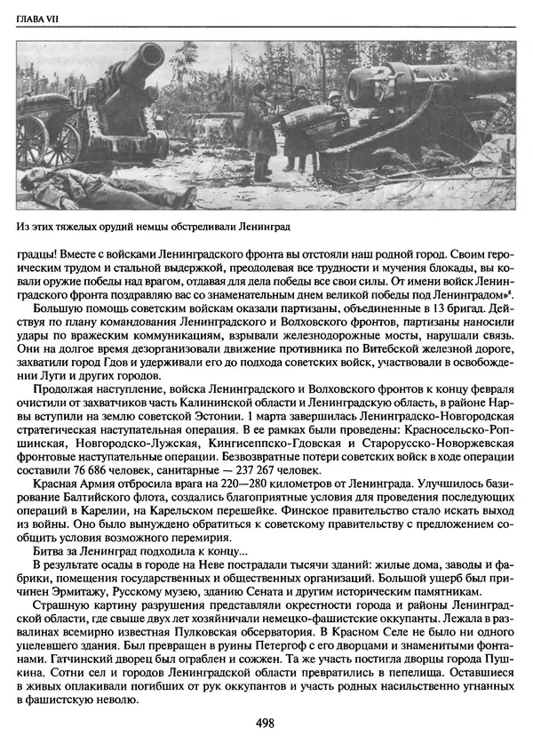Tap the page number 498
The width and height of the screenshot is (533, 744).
(266, 723)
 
